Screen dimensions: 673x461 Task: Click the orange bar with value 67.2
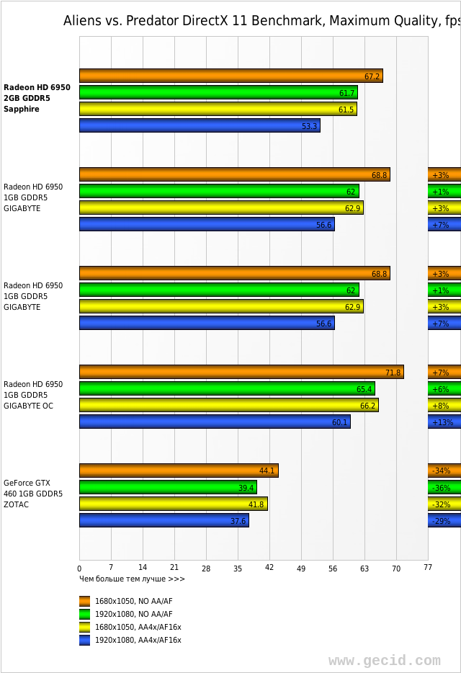[x=230, y=76]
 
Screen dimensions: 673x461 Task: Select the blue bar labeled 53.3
[x=200, y=125]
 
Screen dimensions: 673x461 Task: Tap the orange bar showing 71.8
[x=241, y=372]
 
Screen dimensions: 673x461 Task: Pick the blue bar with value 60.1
[x=215, y=422]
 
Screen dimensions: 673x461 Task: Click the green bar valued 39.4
[x=168, y=487]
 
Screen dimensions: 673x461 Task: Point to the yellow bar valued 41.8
[x=173, y=504]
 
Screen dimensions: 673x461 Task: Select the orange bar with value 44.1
[x=179, y=471]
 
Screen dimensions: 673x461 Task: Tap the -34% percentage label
[x=441, y=471]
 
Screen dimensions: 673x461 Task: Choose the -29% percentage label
[x=441, y=521]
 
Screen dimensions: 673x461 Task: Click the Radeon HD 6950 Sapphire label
[x=37, y=98]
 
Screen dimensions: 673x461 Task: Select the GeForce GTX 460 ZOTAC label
[x=33, y=494]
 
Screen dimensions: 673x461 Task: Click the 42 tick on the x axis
[x=269, y=569]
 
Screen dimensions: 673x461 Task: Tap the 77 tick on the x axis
[x=428, y=569]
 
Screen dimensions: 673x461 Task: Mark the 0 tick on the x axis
[x=79, y=569]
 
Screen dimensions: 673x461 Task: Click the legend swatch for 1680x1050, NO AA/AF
[x=85, y=601]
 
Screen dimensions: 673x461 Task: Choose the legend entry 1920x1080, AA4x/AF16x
[x=138, y=640]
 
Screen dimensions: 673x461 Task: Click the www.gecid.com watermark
[x=384, y=660]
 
